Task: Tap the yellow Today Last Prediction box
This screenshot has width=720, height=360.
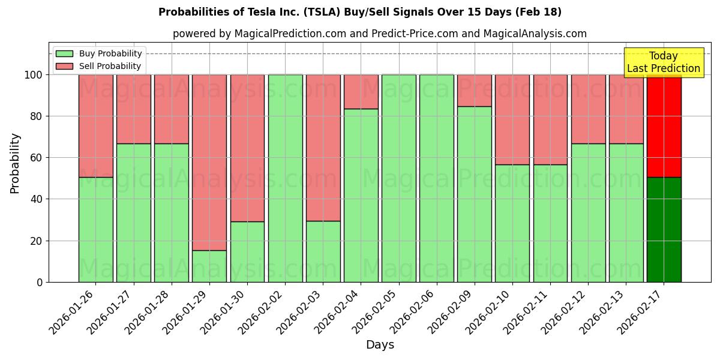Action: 663,62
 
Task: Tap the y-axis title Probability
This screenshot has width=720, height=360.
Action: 15,163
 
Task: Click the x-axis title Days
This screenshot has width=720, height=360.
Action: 380,345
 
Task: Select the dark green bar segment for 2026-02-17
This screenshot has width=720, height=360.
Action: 664,229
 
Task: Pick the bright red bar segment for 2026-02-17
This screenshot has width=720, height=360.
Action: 664,126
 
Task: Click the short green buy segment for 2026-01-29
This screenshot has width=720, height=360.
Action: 209,266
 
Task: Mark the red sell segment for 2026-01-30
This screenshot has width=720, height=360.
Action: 247,148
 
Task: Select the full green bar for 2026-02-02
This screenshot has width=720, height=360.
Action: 285,178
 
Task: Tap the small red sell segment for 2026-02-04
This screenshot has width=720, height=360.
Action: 361,92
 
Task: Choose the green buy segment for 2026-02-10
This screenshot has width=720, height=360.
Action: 512,223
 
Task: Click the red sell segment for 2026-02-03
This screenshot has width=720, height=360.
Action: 323,148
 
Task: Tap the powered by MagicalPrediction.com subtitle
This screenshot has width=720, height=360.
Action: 379,34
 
